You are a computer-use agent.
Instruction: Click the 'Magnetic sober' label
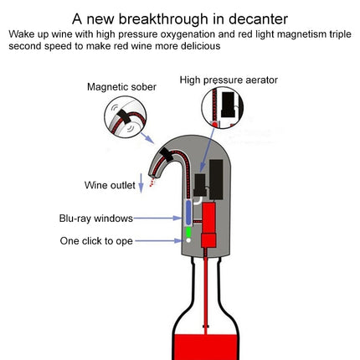point(121,87)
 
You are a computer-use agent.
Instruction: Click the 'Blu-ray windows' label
point(96,218)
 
